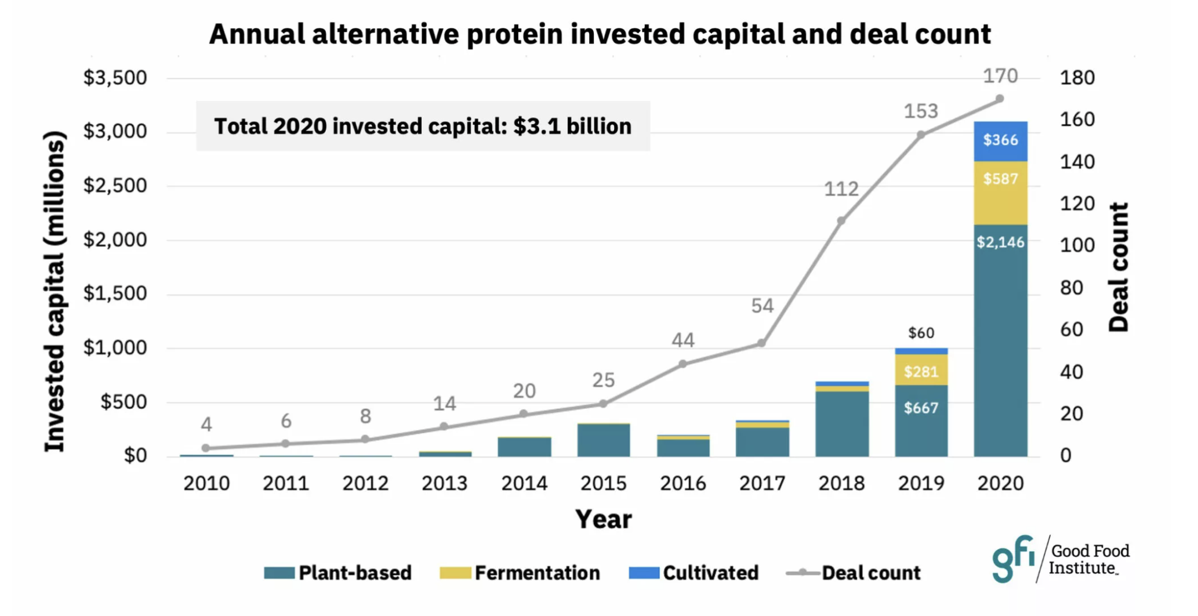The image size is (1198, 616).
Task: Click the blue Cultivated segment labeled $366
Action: click(1000, 141)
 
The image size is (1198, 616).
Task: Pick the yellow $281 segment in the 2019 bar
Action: click(921, 370)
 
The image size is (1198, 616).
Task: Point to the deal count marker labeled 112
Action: click(841, 220)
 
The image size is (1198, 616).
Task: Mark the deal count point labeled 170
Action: click(1000, 99)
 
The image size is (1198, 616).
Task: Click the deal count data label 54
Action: click(762, 306)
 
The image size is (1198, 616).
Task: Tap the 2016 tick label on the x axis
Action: click(683, 483)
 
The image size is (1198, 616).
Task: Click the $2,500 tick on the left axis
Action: click(115, 186)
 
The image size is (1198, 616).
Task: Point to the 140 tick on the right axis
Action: click(1077, 161)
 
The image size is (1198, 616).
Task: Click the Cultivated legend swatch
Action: click(644, 573)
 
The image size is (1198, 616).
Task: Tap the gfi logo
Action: click(1013, 558)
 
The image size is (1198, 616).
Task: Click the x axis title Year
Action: click(603, 519)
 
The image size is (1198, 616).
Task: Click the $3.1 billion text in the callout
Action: click(572, 126)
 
